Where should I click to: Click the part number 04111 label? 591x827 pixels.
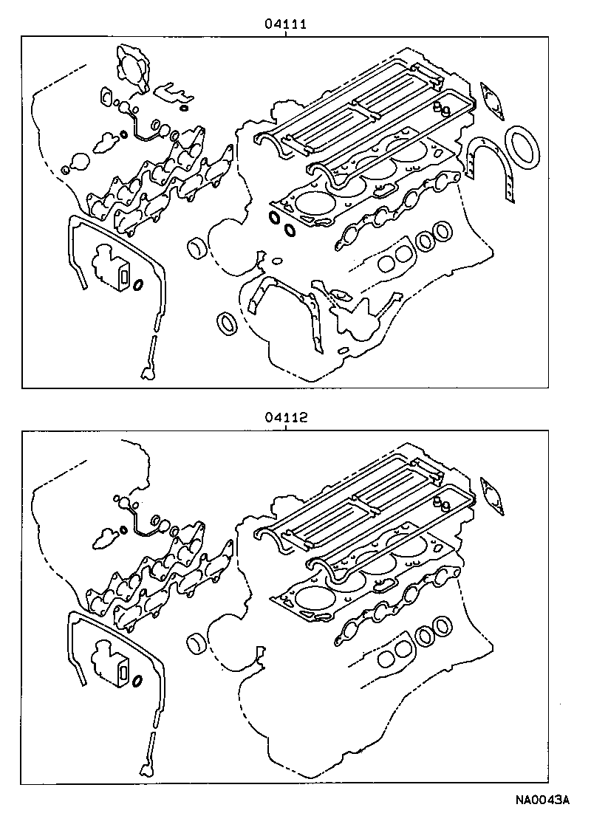(286, 24)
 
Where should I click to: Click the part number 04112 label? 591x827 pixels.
(286, 417)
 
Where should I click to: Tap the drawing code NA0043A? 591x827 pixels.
(543, 800)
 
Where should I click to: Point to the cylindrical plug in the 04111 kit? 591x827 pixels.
(198, 249)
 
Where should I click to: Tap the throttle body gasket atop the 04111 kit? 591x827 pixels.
(131, 69)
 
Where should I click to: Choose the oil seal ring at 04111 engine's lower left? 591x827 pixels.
(227, 323)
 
